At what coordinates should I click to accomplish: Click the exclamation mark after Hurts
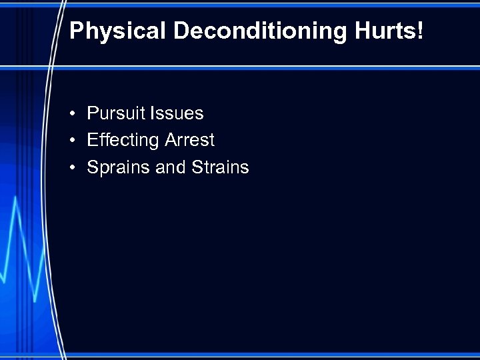pyautogui.click(x=419, y=31)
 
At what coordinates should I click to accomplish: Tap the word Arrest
pyautogui.click(x=189, y=140)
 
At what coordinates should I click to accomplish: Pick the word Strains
pyautogui.click(x=220, y=167)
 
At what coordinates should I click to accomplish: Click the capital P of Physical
pyautogui.click(x=76, y=31)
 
